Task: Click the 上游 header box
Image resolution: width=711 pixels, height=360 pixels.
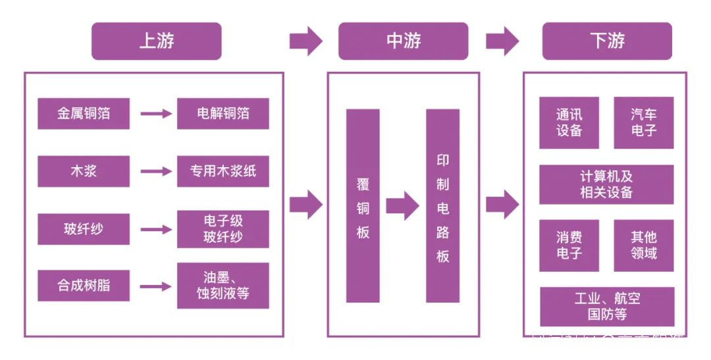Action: point(156,41)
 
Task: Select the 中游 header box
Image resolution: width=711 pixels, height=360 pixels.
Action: point(403,41)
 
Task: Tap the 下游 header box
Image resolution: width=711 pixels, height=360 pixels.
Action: point(606,41)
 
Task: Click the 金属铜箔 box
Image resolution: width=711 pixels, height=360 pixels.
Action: point(84,114)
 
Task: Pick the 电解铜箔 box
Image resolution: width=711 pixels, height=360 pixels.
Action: point(223,114)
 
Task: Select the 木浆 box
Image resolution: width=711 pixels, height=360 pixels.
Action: point(84,171)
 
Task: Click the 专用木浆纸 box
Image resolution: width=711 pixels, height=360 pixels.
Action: point(223,171)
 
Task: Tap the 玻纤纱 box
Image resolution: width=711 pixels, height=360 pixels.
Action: point(84,229)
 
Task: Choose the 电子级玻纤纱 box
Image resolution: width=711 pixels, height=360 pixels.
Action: point(223,228)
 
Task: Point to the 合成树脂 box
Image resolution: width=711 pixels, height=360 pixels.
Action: point(84,286)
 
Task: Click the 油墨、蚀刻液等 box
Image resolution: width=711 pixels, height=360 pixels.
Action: point(223,285)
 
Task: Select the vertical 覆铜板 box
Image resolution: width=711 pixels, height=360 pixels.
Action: point(363,206)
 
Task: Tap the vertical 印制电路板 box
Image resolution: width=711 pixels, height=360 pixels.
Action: point(442,206)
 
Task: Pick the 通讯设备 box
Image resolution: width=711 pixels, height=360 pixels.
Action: point(569,122)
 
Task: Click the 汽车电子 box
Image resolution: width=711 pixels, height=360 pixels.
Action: point(644,122)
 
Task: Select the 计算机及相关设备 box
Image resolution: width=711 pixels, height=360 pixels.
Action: point(606,184)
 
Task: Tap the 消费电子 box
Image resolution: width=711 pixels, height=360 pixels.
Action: point(569,245)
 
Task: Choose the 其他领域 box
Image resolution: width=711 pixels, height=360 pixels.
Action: point(644,245)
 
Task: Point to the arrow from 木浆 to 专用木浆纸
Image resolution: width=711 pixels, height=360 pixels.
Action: point(156,171)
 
